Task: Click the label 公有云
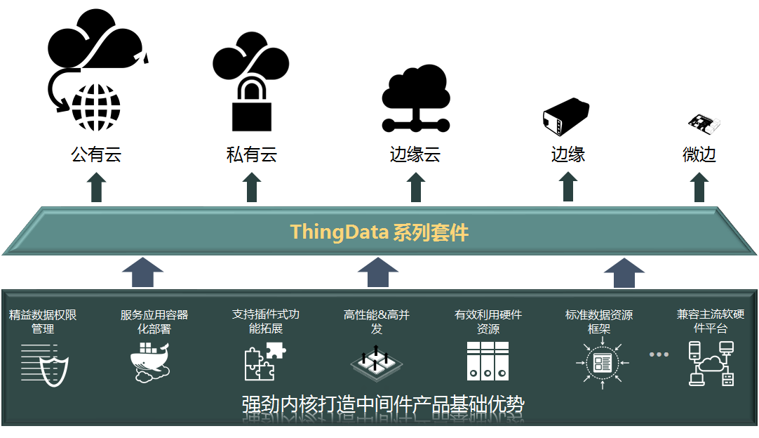96,154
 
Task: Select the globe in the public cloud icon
96,107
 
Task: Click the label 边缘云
415,154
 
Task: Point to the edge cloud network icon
415,98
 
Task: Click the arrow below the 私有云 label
252,187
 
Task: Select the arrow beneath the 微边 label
699,187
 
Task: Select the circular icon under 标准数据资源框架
602,363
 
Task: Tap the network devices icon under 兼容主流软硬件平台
711,363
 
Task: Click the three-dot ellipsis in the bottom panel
659,354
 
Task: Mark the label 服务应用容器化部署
154,321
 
